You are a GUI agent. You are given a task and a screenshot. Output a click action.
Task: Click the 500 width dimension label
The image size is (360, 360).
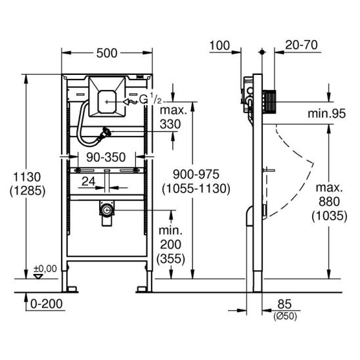point(107,53)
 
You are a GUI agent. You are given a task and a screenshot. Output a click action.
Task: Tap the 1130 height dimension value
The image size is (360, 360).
point(27,177)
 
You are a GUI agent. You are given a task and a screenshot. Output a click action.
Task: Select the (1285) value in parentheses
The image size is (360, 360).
point(28,191)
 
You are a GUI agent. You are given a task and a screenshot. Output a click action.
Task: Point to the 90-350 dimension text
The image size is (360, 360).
point(106,158)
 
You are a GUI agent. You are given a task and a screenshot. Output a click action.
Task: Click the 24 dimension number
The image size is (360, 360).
point(89,181)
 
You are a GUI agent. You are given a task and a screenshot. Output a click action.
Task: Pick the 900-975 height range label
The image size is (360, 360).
point(196,175)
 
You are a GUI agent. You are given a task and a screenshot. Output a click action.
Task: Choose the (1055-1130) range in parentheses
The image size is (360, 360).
point(196,189)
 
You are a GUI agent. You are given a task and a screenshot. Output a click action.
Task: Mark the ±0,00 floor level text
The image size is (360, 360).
point(45,269)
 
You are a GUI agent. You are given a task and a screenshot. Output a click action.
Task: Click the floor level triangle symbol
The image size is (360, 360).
point(38,277)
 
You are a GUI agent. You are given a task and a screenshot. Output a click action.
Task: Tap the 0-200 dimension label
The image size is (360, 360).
point(47,304)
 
